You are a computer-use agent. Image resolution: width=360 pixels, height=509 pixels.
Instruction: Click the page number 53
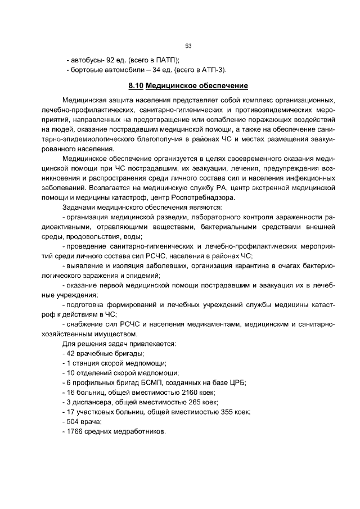[188, 46]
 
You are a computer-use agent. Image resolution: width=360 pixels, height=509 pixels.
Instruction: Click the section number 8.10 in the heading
[136, 86]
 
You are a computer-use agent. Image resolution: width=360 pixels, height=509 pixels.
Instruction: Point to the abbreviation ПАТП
[164, 60]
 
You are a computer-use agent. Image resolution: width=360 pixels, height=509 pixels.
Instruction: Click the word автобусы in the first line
[85, 60]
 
